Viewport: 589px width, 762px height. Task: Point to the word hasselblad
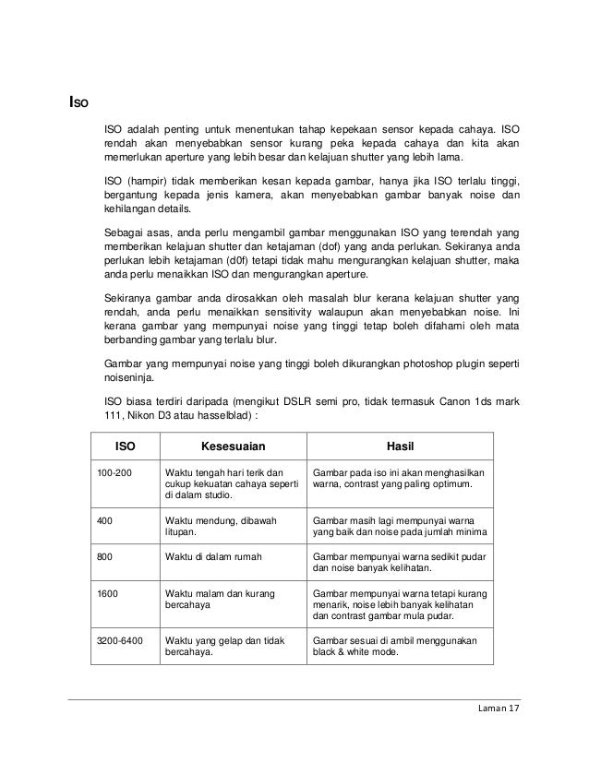pos(209,418)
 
